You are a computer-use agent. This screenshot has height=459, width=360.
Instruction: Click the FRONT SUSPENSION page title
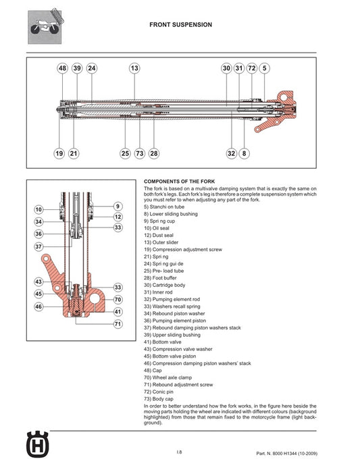click(x=180, y=24)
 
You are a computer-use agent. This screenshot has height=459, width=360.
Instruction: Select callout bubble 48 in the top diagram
click(x=62, y=68)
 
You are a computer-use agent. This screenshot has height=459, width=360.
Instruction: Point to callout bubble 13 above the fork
click(x=134, y=68)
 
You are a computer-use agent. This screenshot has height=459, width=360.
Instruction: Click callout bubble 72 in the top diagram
click(x=251, y=68)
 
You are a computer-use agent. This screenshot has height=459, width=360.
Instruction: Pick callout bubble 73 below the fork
click(x=140, y=154)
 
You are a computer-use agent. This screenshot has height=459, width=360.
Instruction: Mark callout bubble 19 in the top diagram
click(x=59, y=154)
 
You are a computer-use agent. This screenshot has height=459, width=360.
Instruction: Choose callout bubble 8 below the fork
click(x=244, y=154)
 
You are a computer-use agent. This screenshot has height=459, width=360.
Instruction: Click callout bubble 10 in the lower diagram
click(x=38, y=209)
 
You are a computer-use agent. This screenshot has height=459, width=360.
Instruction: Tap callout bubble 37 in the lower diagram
click(x=38, y=247)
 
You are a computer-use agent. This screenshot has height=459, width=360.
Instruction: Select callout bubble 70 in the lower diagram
click(x=118, y=299)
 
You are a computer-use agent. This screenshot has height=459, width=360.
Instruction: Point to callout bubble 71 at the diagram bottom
click(x=118, y=325)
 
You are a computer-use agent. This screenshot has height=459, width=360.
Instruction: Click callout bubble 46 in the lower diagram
click(x=38, y=306)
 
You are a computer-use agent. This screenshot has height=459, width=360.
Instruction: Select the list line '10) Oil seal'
click(x=159, y=227)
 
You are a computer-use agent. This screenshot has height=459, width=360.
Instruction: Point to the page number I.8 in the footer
click(x=179, y=452)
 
